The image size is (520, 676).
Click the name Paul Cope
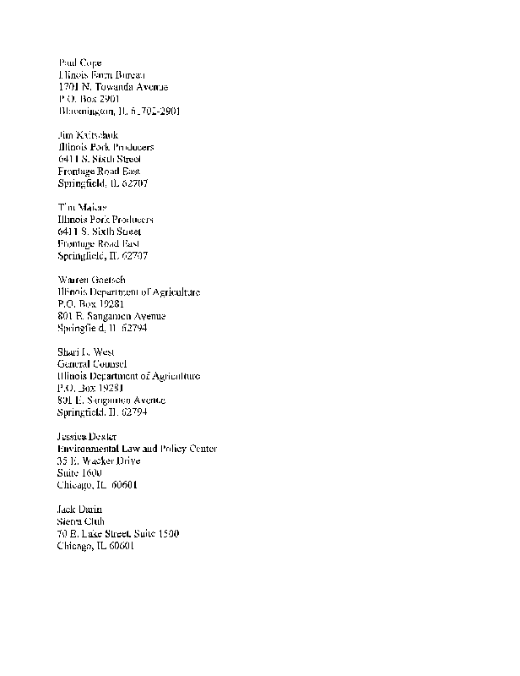click(80, 63)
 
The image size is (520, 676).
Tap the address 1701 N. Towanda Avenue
click(113, 87)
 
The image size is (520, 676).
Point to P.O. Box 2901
click(88, 99)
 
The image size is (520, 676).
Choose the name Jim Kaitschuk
click(89, 135)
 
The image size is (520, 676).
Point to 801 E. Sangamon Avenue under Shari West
click(111, 400)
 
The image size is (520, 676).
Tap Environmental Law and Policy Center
click(137, 449)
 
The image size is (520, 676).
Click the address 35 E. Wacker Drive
click(99, 461)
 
